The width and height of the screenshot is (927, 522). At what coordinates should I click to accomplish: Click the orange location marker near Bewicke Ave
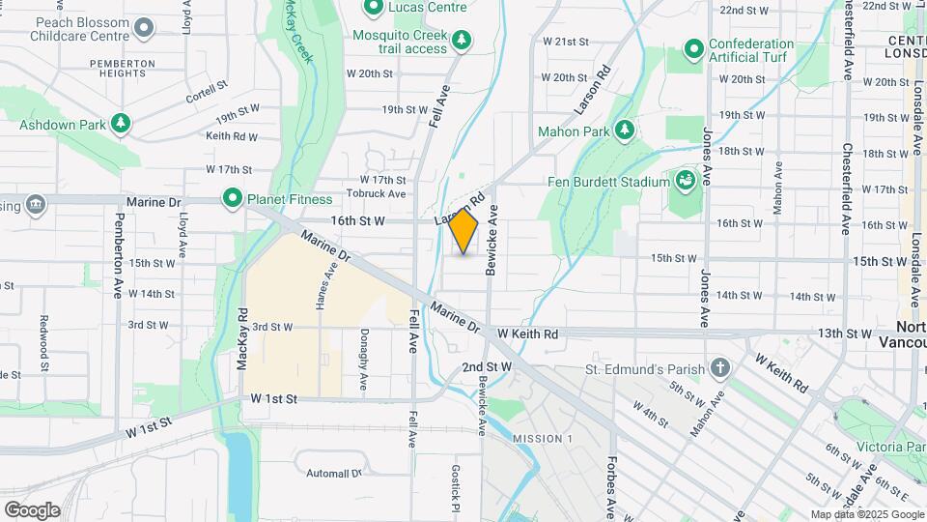point(463,231)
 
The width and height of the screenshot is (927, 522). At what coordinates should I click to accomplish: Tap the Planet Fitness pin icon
point(233,199)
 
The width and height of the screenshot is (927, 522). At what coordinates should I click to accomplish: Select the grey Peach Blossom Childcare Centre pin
point(144,27)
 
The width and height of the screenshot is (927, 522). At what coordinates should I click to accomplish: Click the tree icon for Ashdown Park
point(121,124)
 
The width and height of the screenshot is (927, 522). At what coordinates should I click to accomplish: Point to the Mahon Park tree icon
point(625,130)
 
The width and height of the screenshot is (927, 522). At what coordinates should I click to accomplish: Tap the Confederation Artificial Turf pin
point(693,48)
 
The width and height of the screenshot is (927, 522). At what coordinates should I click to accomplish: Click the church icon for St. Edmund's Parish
point(718,368)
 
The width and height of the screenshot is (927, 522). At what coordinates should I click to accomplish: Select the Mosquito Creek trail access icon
point(463,40)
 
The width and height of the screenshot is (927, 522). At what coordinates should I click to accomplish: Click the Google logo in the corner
point(32,509)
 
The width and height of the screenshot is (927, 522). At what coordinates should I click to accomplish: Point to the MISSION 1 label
point(542,439)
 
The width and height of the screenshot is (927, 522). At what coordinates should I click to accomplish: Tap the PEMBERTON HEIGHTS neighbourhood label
point(121,70)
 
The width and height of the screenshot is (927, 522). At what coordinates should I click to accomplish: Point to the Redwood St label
point(43,344)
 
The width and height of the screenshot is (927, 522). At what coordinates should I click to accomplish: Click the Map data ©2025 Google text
point(867,514)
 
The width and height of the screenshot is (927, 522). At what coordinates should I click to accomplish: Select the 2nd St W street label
point(486,367)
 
